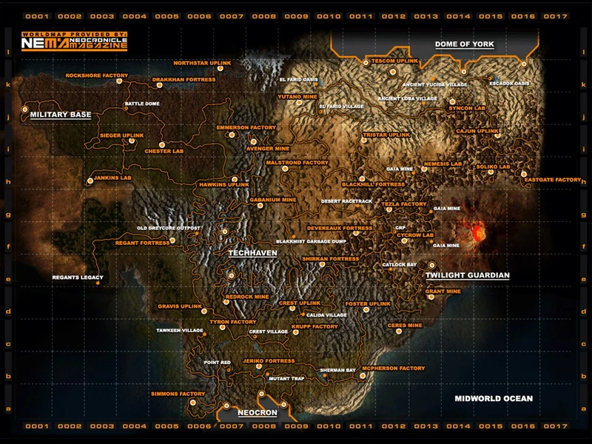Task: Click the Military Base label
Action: pyautogui.click(x=60, y=115)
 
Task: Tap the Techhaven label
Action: pyautogui.click(x=252, y=252)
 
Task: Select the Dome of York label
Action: pyautogui.click(x=464, y=44)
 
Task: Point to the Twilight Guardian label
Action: pyautogui.click(x=468, y=275)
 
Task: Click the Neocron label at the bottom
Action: pyautogui.click(x=258, y=412)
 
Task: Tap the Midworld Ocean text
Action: pyautogui.click(x=494, y=398)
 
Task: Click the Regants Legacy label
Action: pyautogui.click(x=77, y=277)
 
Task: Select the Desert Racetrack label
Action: pyautogui.click(x=346, y=201)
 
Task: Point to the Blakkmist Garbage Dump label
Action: pyautogui.click(x=311, y=241)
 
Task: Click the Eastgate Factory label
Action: pyautogui.click(x=552, y=180)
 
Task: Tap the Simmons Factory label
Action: pyautogui.click(x=178, y=394)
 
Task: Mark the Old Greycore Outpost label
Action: pyautogui.click(x=169, y=227)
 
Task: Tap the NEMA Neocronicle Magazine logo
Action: pyautogui.click(x=74, y=43)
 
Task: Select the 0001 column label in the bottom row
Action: pyautogui.click(x=37, y=426)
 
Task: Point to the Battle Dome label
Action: pyautogui.click(x=142, y=104)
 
